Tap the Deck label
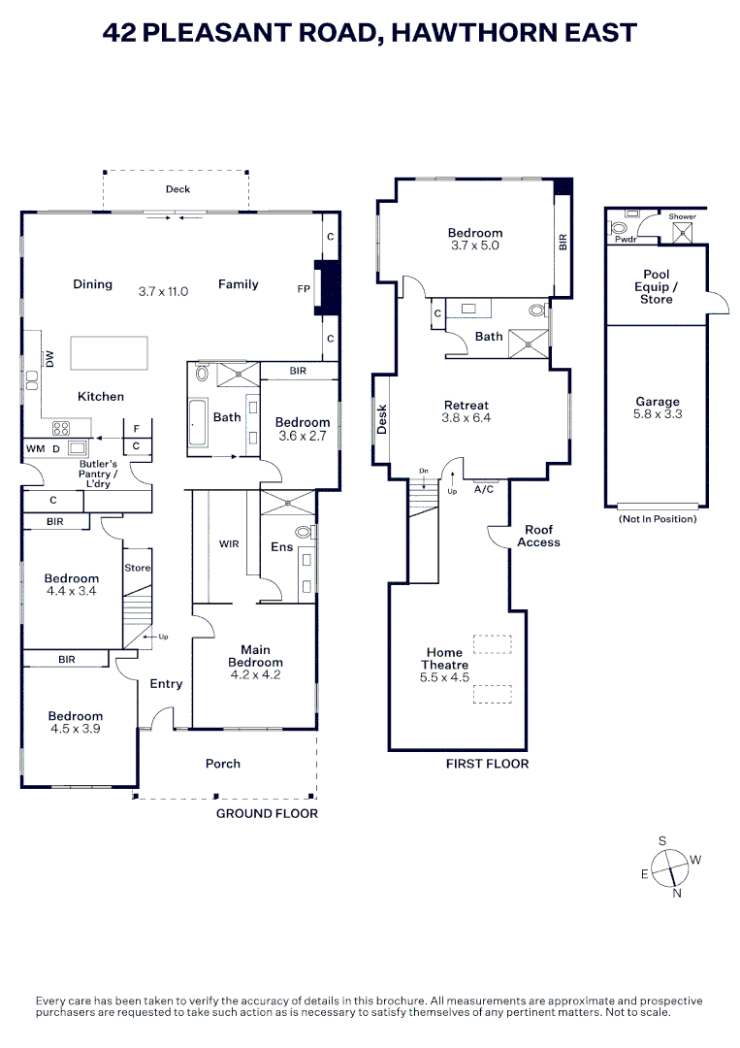click(177, 189)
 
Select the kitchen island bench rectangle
click(109, 353)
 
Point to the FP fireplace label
click(304, 289)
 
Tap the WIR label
click(229, 544)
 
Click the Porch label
click(223, 764)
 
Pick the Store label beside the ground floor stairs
click(138, 568)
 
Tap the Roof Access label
click(538, 536)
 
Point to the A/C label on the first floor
click(483, 490)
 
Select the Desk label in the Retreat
click(381, 418)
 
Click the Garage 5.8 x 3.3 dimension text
click(658, 413)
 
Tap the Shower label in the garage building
click(683, 216)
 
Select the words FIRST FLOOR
click(487, 764)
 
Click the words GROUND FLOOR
click(267, 813)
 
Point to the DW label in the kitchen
click(47, 359)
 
